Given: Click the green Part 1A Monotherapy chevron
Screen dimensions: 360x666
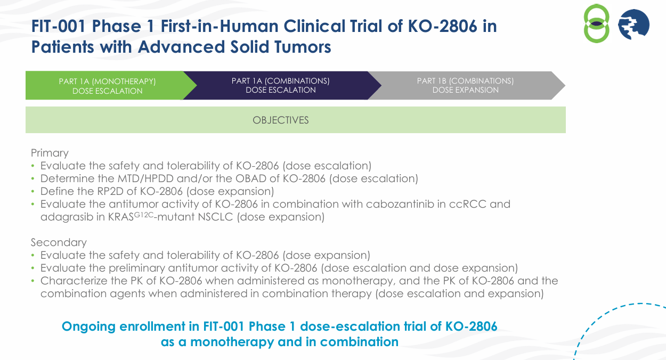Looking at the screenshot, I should coord(107,86).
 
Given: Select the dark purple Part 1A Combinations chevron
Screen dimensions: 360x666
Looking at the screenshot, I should coord(280,85).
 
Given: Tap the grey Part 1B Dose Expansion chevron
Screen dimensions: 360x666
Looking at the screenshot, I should coord(465,85).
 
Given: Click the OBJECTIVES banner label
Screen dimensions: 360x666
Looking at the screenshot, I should coord(281,120).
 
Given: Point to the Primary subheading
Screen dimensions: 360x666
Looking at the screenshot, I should coord(50,153).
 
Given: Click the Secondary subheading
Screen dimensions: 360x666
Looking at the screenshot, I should coord(59,242).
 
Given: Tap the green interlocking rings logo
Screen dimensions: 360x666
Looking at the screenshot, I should coord(596,24).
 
